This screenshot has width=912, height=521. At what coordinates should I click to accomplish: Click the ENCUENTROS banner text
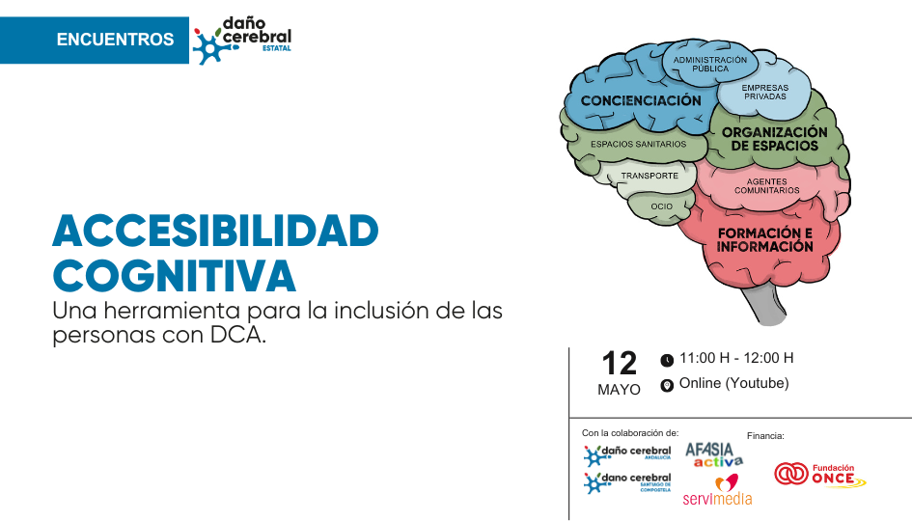pyautogui.click(x=115, y=40)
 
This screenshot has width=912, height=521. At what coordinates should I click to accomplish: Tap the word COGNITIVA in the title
pyautogui.click(x=175, y=276)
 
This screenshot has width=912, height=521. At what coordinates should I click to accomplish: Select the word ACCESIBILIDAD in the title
pyautogui.click(x=216, y=231)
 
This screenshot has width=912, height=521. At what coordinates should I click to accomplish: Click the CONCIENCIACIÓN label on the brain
pyautogui.click(x=641, y=100)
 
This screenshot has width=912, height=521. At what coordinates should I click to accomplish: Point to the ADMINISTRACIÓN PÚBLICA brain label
pyautogui.click(x=710, y=64)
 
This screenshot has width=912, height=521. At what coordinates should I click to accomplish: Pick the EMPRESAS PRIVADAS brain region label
pyautogui.click(x=765, y=92)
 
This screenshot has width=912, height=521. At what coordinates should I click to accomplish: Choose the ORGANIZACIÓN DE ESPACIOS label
pyautogui.click(x=774, y=139)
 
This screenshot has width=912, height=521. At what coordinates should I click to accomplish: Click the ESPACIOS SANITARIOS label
pyautogui.click(x=638, y=144)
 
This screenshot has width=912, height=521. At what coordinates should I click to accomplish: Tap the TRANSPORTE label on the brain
pyautogui.click(x=649, y=176)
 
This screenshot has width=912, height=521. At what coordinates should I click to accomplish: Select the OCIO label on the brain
pyautogui.click(x=662, y=206)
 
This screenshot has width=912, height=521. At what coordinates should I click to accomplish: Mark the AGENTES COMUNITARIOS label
pyautogui.click(x=766, y=186)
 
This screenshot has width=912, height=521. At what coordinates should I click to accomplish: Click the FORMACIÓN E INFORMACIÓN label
pyautogui.click(x=765, y=239)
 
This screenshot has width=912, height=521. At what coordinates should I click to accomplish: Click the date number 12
pyautogui.click(x=620, y=364)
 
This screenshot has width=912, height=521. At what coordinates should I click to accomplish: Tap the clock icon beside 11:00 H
pyautogui.click(x=667, y=361)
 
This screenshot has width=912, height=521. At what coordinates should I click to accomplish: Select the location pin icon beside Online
pyautogui.click(x=667, y=385)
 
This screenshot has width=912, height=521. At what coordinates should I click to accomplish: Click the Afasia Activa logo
pyautogui.click(x=714, y=455)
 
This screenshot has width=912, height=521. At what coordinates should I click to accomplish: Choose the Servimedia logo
pyautogui.click(x=718, y=489)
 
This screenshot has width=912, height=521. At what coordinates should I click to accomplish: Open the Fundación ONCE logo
pyautogui.click(x=820, y=475)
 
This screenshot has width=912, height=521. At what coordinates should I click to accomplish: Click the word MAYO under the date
pyautogui.click(x=619, y=390)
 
